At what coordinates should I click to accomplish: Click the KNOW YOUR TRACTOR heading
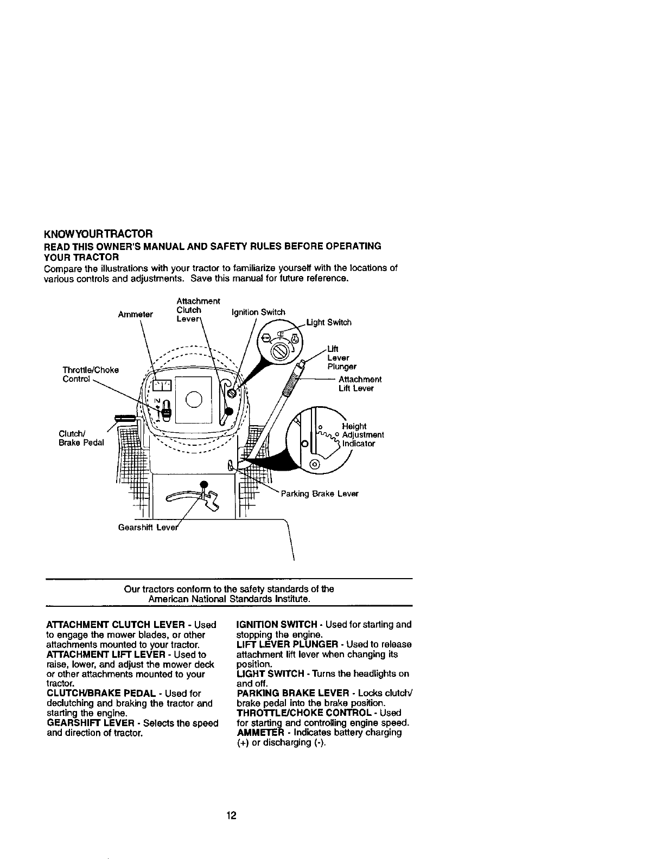tap(98, 234)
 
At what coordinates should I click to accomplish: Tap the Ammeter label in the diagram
tap(136, 315)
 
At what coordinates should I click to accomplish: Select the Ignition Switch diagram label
tap(258, 312)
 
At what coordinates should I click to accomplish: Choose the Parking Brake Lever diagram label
tap(320, 494)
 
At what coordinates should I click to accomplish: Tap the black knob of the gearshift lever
tap(204, 484)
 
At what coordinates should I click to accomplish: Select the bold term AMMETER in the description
tap(260, 733)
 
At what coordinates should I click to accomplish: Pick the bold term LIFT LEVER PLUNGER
tap(290, 644)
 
